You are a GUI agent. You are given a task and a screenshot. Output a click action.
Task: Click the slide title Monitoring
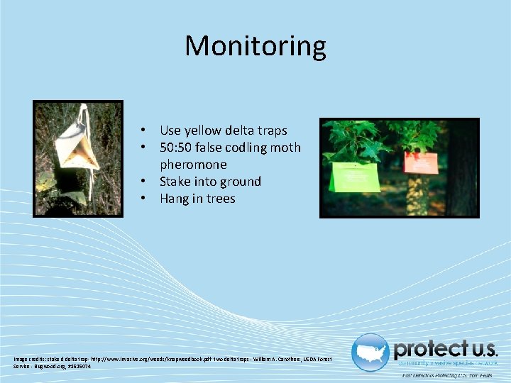pyautogui.click(x=255, y=46)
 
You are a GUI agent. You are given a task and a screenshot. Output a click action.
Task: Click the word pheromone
pyautogui.click(x=193, y=165)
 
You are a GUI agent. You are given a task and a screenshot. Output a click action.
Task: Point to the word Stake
pyautogui.click(x=175, y=182)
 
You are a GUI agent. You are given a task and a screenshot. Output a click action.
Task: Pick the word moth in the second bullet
pyautogui.click(x=286, y=148)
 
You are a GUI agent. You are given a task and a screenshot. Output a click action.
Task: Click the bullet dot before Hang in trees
pyautogui.click(x=143, y=199)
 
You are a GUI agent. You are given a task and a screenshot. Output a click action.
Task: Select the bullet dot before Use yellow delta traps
pyautogui.click(x=143, y=131)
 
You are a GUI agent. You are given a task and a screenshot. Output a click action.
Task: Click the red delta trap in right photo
pyautogui.click(x=422, y=160)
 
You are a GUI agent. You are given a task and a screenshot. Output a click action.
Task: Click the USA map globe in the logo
pyautogui.click(x=370, y=352)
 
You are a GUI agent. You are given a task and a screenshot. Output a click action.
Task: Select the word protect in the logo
pyautogui.click(x=429, y=349)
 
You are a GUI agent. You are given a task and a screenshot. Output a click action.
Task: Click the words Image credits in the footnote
pyautogui.click(x=29, y=360)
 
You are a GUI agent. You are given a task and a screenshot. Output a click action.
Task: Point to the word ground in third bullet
pyautogui.click(x=241, y=182)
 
